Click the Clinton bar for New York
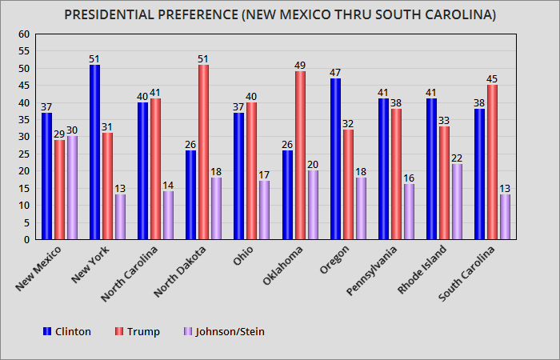point(94,152)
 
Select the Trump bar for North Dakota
point(203,152)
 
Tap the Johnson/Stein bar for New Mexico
point(72,188)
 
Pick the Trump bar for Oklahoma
point(299,155)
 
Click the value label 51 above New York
point(94,58)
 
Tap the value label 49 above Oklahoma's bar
point(299,66)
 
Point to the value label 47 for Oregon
point(334,72)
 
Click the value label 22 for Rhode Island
point(456,158)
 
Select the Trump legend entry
point(138,331)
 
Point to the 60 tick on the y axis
point(23,34)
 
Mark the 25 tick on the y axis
point(23,154)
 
